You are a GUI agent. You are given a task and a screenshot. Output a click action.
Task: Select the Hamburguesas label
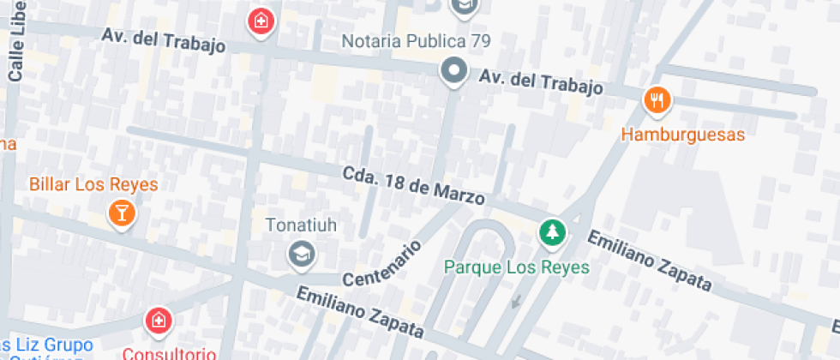682,135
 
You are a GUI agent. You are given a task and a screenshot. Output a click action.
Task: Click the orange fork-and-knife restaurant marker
657,100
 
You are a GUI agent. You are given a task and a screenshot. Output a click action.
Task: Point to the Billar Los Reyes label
93,184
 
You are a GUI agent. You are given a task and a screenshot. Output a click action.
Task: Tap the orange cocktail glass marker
122,213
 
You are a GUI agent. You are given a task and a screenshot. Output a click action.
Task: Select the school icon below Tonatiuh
302,254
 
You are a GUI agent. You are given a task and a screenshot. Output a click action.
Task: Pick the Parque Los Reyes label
517,267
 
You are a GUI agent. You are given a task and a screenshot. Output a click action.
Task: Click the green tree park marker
552,231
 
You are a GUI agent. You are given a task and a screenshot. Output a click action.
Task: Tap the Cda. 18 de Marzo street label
413,184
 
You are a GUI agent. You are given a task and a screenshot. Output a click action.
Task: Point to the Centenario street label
382,263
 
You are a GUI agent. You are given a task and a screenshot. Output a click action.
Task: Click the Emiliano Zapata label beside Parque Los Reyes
649,259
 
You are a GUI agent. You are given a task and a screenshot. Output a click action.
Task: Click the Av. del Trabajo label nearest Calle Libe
163,40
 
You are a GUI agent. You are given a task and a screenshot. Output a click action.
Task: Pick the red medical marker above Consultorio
158,322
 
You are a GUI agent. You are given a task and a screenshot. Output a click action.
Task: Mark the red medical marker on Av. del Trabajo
260,21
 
